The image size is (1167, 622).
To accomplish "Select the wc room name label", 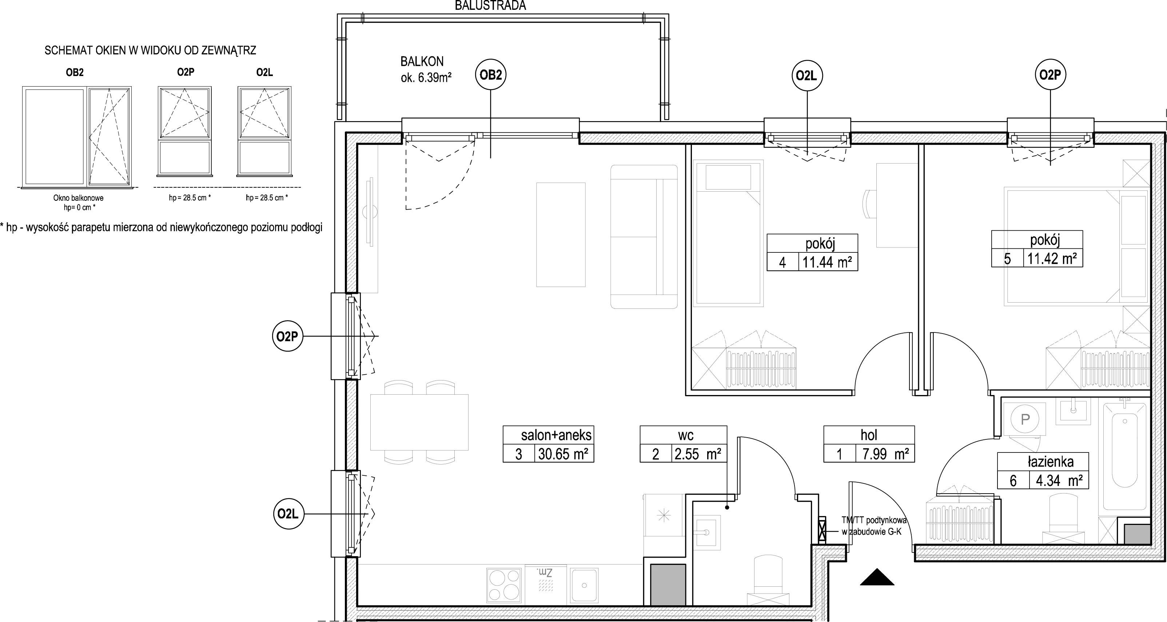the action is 685,435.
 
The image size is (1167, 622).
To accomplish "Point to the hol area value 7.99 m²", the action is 885,454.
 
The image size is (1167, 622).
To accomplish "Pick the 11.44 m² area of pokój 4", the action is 827,262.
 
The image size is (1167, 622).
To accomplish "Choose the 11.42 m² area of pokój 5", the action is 1052,258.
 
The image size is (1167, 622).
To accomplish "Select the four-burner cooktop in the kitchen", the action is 505,585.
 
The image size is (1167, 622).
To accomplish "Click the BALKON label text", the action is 422,61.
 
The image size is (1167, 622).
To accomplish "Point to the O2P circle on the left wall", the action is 288,336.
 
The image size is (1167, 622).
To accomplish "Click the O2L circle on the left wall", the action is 288,514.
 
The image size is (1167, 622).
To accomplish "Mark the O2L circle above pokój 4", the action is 807,76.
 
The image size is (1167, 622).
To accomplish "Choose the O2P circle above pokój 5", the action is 1050,75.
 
